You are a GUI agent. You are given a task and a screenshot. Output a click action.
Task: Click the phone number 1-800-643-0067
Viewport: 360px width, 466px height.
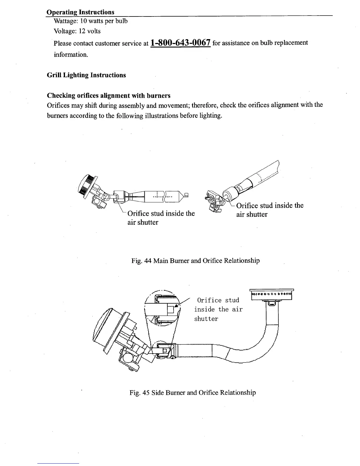point(180,43)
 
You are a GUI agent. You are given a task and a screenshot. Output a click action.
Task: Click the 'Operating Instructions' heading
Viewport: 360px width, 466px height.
point(80,12)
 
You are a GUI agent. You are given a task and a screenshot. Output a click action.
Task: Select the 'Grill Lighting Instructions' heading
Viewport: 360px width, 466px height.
point(86,75)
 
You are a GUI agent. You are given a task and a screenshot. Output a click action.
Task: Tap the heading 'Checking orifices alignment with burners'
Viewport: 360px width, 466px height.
point(109,96)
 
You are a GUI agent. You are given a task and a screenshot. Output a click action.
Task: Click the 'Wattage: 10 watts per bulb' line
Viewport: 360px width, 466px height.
point(91,21)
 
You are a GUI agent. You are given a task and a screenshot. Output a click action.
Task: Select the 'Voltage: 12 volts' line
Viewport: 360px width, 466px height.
point(77,31)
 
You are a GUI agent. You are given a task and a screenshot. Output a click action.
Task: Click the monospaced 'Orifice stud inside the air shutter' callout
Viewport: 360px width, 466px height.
point(218,309)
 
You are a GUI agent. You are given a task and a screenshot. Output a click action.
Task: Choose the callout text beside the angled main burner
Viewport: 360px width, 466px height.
point(269,210)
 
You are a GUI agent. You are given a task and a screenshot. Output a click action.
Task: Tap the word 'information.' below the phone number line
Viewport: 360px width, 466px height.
point(71,55)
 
